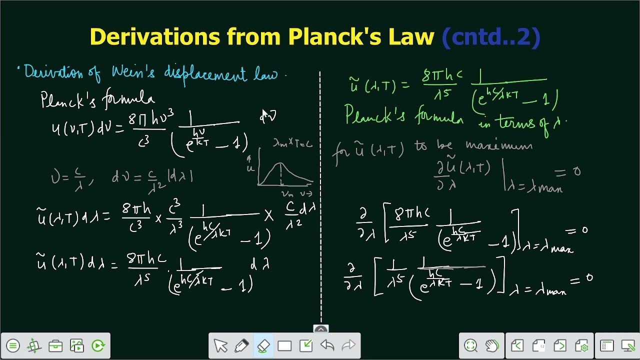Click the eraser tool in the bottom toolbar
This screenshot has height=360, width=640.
tap(263, 345)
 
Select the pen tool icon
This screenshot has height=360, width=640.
tap(241, 345)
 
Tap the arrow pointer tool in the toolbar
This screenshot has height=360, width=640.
tap(220, 345)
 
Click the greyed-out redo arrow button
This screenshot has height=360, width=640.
tap(348, 345)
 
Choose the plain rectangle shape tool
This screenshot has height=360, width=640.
tap(284, 345)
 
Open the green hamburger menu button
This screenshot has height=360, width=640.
tap(13, 345)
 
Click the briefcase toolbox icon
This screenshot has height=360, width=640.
tap(55, 345)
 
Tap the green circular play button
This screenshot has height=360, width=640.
tap(98, 345)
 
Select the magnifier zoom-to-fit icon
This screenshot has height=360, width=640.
tap(470, 345)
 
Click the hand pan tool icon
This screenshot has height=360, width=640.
tap(492, 345)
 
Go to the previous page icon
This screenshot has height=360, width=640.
tap(517, 345)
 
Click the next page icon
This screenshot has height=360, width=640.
tap(560, 345)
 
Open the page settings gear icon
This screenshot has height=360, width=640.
tap(581, 345)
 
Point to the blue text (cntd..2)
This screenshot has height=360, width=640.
tap(491, 37)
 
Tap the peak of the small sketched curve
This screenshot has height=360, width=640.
tap(280, 163)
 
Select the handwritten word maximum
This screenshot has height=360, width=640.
tap(499, 145)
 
